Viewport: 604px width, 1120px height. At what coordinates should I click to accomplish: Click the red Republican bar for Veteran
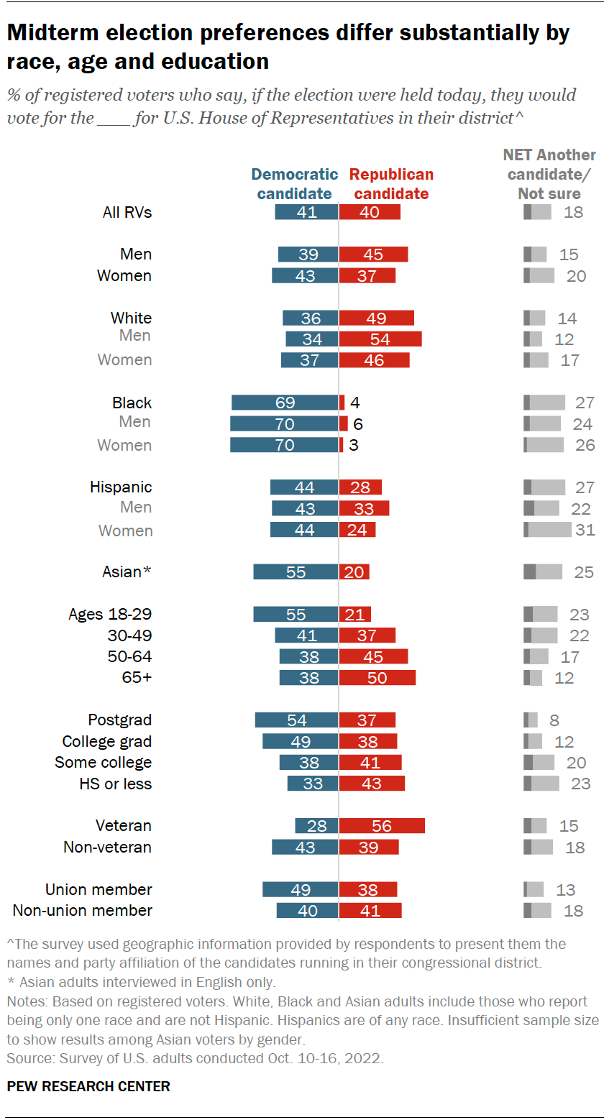(382, 826)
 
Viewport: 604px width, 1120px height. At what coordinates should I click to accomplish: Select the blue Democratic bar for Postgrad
(296, 720)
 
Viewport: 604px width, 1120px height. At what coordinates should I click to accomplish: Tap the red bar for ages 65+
(377, 678)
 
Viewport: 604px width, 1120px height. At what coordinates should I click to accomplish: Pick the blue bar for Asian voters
(296, 572)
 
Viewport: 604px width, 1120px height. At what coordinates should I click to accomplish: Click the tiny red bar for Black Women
(341, 445)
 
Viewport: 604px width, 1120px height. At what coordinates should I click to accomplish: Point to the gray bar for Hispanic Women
(548, 530)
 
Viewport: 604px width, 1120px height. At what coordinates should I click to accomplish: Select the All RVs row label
(127, 212)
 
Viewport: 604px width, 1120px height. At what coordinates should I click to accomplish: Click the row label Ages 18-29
(109, 615)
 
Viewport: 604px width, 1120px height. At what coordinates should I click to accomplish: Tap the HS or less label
(115, 784)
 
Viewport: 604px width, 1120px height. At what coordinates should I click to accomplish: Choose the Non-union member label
(83, 911)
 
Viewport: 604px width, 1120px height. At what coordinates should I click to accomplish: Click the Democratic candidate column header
(294, 184)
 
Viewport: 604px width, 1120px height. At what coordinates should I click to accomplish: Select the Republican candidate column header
(391, 184)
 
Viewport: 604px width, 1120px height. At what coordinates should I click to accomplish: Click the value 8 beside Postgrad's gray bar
(554, 720)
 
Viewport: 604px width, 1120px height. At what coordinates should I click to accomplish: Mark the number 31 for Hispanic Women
(585, 530)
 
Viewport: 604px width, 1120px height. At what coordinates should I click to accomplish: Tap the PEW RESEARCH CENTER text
(88, 1086)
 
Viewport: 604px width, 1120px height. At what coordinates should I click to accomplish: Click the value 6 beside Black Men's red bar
(357, 424)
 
